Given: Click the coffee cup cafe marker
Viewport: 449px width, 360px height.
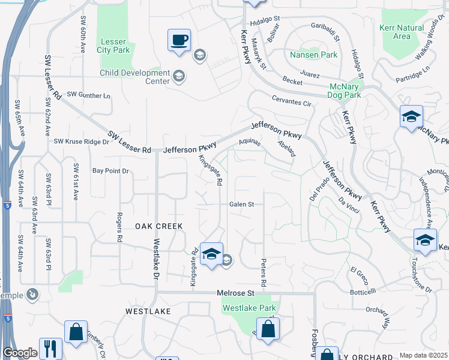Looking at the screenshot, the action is click(x=179, y=40).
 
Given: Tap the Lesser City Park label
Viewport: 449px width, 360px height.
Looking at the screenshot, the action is click(x=113, y=46).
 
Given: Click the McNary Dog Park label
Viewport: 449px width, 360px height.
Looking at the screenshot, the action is click(x=345, y=91).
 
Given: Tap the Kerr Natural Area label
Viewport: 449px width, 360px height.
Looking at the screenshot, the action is click(x=402, y=32).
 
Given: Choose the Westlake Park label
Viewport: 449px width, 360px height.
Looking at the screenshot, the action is click(x=249, y=308).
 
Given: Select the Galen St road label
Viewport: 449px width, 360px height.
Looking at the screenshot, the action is click(x=241, y=204).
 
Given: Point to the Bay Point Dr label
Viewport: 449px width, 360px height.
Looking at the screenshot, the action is click(x=110, y=171).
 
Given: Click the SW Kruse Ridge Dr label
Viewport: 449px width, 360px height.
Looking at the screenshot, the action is click(x=81, y=142).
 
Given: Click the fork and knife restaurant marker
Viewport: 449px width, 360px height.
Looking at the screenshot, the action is click(x=50, y=348).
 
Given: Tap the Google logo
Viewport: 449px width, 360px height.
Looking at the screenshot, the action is click(x=20, y=353).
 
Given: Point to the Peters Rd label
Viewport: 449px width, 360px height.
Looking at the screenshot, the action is click(x=264, y=272).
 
